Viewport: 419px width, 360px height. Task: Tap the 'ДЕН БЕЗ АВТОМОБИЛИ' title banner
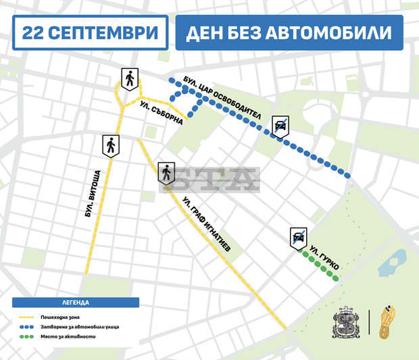click(289, 32)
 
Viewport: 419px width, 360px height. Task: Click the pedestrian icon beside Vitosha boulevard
click(110, 145)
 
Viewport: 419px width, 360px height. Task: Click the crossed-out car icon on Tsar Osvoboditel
click(280, 126)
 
